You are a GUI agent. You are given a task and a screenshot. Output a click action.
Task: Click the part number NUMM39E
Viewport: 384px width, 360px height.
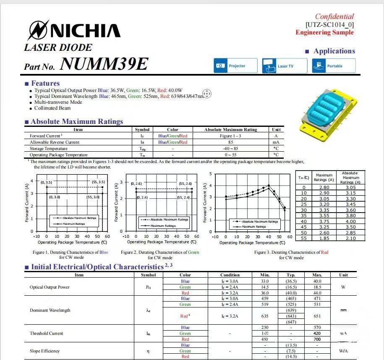[x=104, y=64]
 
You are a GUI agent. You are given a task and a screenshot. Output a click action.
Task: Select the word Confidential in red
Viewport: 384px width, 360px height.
[x=334, y=16]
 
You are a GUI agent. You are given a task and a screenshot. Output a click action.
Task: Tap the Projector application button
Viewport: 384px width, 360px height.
[x=235, y=66]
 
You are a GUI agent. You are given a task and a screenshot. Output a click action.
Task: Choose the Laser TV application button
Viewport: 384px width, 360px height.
[x=284, y=66]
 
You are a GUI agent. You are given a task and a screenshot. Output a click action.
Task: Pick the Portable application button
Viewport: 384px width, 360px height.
[x=333, y=66]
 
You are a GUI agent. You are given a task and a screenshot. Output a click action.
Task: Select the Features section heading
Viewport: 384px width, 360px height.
[x=45, y=83]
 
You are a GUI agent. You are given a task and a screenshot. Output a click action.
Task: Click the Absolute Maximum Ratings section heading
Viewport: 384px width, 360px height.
[x=77, y=121]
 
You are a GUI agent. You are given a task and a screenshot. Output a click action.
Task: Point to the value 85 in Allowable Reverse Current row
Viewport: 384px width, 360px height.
[x=230, y=142]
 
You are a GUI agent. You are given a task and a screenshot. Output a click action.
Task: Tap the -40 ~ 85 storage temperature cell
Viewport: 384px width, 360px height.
[x=230, y=148]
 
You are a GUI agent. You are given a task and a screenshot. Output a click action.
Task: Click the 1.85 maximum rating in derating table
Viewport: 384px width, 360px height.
[x=324, y=238]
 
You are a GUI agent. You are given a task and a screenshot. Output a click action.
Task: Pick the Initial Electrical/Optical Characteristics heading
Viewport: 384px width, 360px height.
[x=97, y=267]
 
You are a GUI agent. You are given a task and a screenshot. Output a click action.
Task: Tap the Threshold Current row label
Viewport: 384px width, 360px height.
[x=46, y=333]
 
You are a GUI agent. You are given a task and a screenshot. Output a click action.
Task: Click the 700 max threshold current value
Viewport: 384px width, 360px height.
[x=317, y=339]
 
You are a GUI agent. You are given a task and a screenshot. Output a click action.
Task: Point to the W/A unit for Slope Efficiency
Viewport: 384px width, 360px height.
[x=343, y=351]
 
